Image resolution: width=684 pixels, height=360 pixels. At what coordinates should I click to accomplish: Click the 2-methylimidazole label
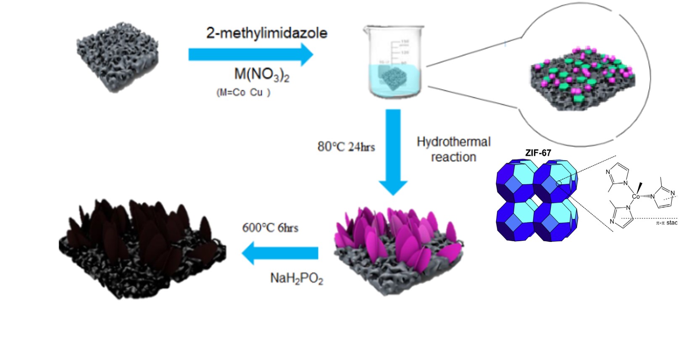coord(266,33)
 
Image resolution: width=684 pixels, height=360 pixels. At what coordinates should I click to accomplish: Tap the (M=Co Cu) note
coord(243,93)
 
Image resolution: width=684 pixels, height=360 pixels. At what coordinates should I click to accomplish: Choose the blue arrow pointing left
coord(279,253)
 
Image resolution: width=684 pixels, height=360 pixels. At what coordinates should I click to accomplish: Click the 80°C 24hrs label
coord(346,147)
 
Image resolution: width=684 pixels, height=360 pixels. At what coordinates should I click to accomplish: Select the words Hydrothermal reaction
coord(453,149)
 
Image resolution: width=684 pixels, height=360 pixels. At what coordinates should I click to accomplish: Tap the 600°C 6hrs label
coord(270,228)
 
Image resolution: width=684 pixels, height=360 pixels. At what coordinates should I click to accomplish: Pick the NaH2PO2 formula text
coord(297,279)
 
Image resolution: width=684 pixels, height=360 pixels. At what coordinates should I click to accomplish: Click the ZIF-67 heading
coord(538,153)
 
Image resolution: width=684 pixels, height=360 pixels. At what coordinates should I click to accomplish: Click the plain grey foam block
coord(118,61)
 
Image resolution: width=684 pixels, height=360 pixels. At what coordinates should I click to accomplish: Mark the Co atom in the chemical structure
coord(636,196)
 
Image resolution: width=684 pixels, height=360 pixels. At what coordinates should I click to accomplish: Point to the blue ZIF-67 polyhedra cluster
coord(537,200)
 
